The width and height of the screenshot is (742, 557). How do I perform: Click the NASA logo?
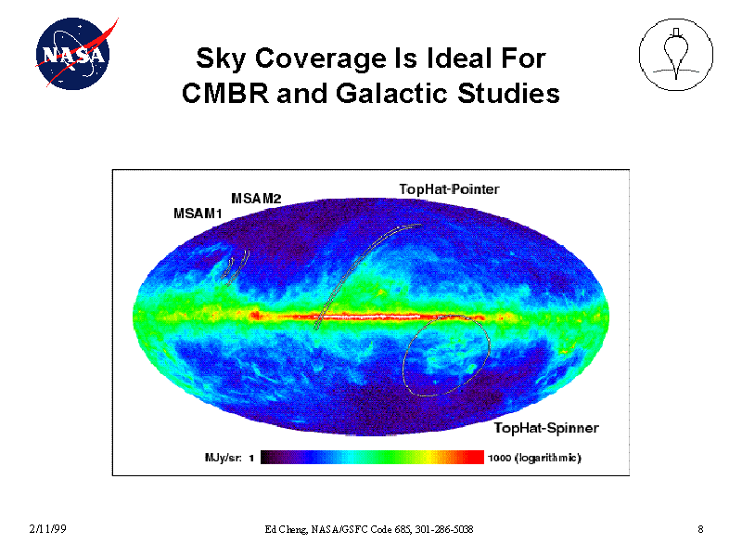(x=71, y=55)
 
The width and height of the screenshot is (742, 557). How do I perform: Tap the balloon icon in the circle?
(x=676, y=56)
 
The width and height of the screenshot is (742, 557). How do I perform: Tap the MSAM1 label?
(x=198, y=214)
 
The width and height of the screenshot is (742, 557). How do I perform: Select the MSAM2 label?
(x=255, y=198)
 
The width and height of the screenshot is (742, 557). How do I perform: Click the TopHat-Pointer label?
(x=449, y=189)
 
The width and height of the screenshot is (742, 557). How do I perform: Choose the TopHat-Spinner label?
(x=545, y=428)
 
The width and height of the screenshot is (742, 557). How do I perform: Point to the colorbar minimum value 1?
(x=251, y=458)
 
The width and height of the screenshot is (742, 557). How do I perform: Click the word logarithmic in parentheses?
(x=550, y=458)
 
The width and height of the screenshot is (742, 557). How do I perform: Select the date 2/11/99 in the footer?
(x=46, y=529)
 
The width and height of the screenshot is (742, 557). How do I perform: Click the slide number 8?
(x=700, y=529)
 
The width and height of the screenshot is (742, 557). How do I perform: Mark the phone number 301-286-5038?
(x=446, y=529)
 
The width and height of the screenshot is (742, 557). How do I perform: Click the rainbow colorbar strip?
(x=372, y=458)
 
